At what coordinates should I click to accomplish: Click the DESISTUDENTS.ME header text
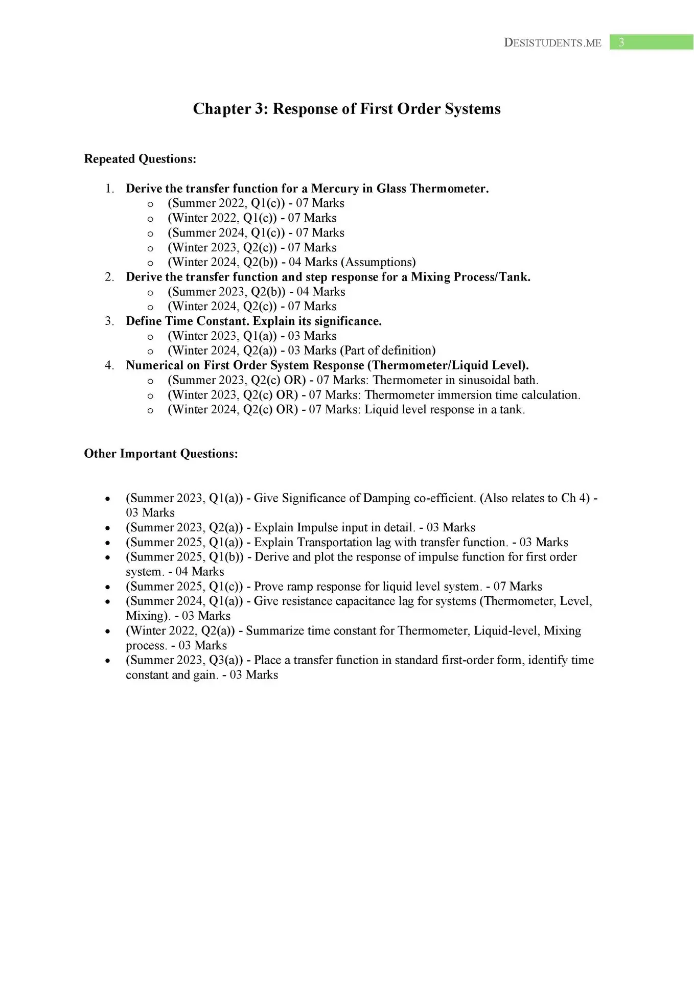552,43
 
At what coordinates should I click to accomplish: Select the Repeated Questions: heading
140,159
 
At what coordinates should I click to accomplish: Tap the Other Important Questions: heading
161,454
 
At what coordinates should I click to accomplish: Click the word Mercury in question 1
335,189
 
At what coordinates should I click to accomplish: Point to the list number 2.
109,277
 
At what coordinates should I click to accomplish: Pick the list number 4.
109,365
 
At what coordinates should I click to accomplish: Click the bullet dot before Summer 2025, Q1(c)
107,587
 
